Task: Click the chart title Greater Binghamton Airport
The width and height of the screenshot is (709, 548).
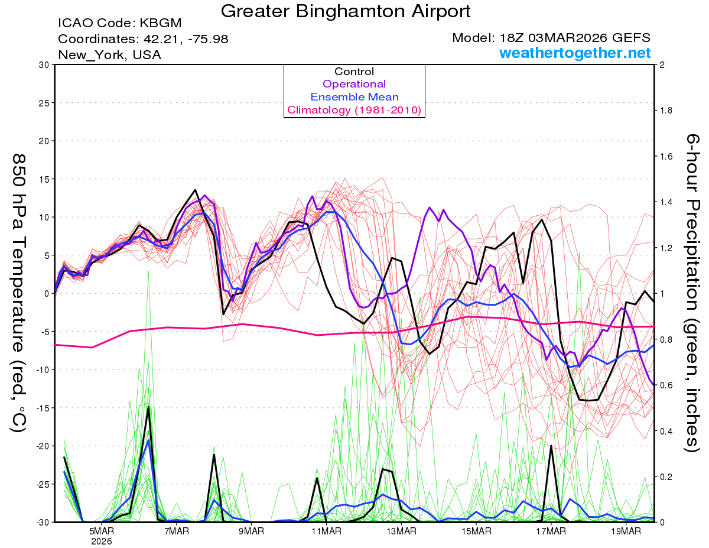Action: [x=346, y=11]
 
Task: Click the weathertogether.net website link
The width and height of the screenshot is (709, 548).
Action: [x=575, y=53]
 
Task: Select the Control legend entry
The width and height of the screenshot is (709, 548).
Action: [x=354, y=72]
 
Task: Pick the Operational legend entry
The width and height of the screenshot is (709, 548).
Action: [x=354, y=84]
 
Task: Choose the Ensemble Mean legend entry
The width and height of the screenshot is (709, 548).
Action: [x=354, y=97]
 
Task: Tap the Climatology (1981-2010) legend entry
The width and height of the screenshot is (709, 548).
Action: [x=354, y=110]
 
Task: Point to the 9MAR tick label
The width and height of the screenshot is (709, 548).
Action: [x=251, y=530]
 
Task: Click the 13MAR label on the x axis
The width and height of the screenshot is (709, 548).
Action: [x=401, y=530]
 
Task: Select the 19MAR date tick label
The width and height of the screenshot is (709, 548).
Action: [x=625, y=530]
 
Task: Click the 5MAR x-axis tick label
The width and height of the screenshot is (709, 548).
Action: [x=102, y=530]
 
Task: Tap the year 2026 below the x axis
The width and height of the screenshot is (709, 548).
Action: [x=102, y=541]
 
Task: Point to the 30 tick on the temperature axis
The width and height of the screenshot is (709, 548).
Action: [x=43, y=65]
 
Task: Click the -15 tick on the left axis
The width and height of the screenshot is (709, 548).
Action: [x=41, y=408]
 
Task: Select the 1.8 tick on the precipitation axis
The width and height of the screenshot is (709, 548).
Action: [x=666, y=111]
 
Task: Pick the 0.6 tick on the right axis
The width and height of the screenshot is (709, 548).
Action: [x=666, y=385]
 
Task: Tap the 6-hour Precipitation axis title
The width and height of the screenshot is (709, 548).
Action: [x=692, y=293]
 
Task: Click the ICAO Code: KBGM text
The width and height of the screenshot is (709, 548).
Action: [x=119, y=24]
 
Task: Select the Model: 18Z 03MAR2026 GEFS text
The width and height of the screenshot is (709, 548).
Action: [x=551, y=38]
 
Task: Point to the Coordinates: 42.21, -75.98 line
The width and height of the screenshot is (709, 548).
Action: [x=143, y=39]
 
